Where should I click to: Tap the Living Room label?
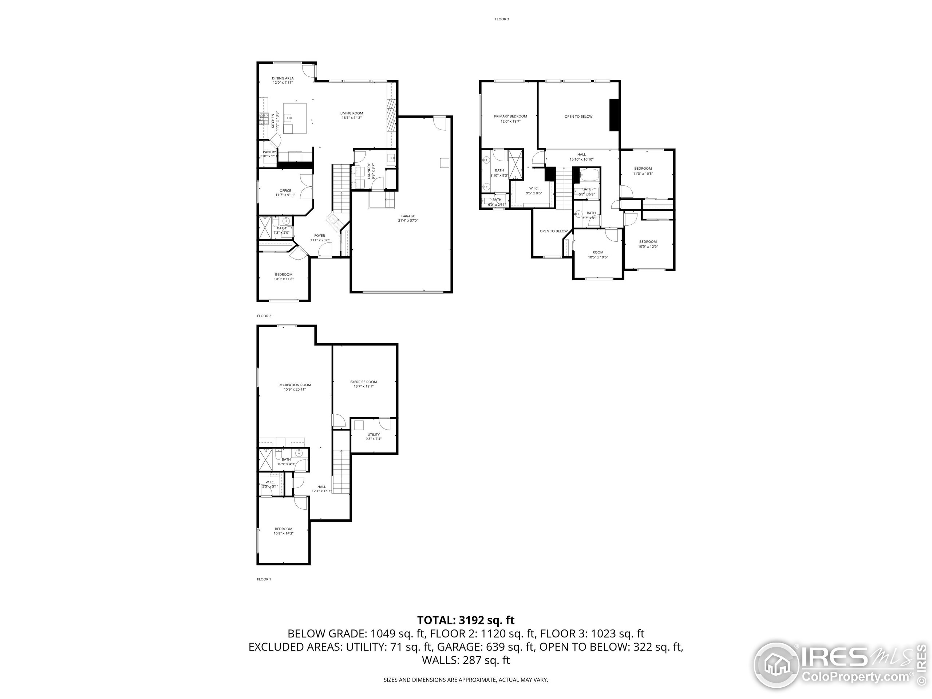351,113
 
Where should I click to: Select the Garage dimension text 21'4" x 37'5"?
407,220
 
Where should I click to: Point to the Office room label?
285,191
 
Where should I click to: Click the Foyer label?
319,236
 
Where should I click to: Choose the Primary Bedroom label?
510,116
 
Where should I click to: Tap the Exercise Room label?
363,382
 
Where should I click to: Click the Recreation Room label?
295,385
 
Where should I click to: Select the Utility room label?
373,434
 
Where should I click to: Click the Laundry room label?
369,171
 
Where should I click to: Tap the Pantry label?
269,152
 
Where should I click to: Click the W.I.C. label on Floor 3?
533,188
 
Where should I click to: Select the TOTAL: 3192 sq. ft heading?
466,620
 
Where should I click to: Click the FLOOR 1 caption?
264,579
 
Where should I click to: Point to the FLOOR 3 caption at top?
501,19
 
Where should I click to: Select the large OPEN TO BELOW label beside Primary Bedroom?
578,116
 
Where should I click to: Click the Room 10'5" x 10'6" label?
597,252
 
